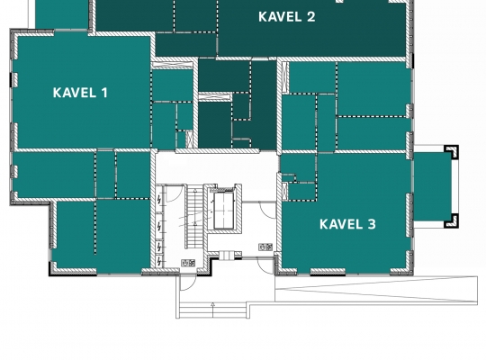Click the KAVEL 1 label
[80, 93]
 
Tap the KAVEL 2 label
[287, 17]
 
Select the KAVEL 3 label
[347, 224]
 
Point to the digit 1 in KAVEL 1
[104, 93]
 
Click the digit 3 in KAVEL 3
[372, 224]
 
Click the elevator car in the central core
[223, 211]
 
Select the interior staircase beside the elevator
[194, 216]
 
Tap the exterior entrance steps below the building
[213, 310]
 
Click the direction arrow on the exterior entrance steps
[213, 310]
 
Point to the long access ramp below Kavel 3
[376, 289]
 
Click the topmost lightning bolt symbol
[159, 200]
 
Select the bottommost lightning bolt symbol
[159, 262]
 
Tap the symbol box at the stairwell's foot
[188, 263]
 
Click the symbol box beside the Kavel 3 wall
[265, 247]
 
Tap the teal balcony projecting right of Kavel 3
[433, 186]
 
